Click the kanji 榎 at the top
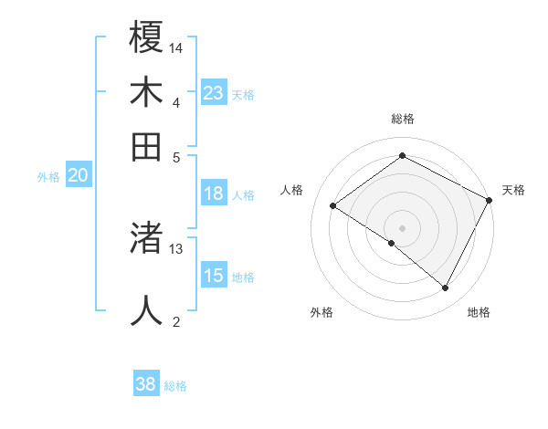pyautogui.click(x=146, y=38)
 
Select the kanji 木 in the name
pyautogui.click(x=146, y=92)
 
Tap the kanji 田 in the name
pyautogui.click(x=146, y=146)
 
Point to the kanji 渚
pyautogui.click(x=146, y=239)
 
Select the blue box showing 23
pyautogui.click(x=213, y=93)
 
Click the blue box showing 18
pyautogui.click(x=213, y=194)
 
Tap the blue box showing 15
pyautogui.click(x=213, y=276)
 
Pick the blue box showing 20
pyautogui.click(x=78, y=176)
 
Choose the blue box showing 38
pyautogui.click(x=145, y=384)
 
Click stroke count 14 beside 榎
pyautogui.click(x=177, y=47)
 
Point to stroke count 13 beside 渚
pyautogui.click(x=176, y=248)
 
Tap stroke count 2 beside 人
pyautogui.click(x=176, y=320)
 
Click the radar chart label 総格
pyautogui.click(x=402, y=119)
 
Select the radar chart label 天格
pyautogui.click(x=513, y=190)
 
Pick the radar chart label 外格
pyautogui.click(x=321, y=312)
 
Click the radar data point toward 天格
pyautogui.click(x=489, y=200)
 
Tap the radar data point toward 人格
pyautogui.click(x=333, y=206)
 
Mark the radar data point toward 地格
pyautogui.click(x=446, y=288)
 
